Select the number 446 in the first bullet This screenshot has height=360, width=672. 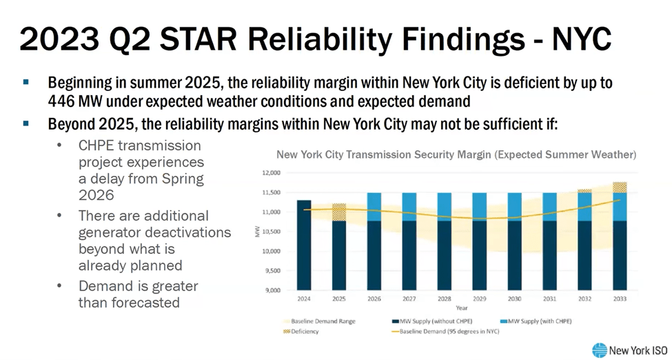coord(63,102)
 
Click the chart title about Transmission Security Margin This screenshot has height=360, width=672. coord(456,154)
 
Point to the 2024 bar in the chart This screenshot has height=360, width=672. coord(304,245)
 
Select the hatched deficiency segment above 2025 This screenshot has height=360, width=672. coord(339,212)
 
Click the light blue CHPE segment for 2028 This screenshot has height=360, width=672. coord(445,206)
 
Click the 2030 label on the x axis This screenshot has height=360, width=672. coord(515,299)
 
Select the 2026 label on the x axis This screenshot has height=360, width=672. coord(374,299)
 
